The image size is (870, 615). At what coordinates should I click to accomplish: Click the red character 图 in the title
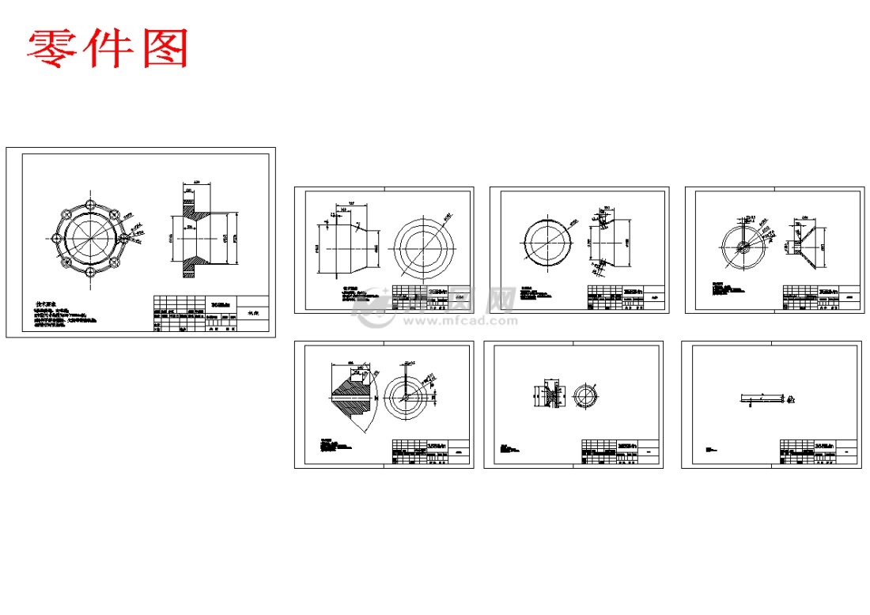(166, 48)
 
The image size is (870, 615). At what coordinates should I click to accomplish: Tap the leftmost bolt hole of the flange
(56, 237)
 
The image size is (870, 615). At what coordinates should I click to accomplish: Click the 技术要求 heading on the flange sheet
(48, 304)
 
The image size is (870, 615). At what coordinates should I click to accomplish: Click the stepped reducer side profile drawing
(346, 247)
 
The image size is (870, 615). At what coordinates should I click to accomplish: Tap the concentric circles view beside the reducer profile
(424, 247)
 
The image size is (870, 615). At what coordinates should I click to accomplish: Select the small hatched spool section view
(548, 395)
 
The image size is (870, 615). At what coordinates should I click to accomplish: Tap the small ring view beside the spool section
(586, 395)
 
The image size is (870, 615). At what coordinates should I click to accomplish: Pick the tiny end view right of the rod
(793, 401)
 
